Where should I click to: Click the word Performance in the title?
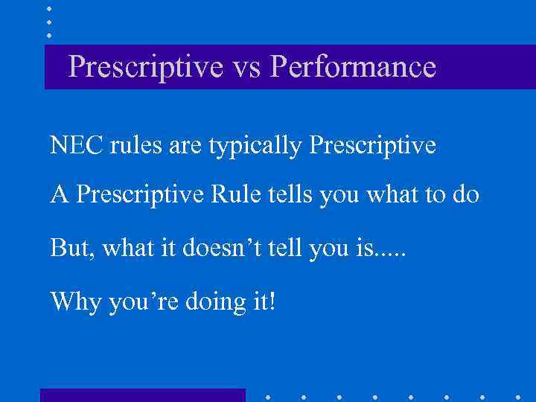(354, 68)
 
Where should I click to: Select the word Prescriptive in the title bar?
(144, 68)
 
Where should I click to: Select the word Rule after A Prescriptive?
(236, 196)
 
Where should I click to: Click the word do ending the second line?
(464, 196)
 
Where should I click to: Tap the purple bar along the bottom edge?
(142, 395)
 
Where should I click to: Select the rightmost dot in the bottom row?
(517, 396)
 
